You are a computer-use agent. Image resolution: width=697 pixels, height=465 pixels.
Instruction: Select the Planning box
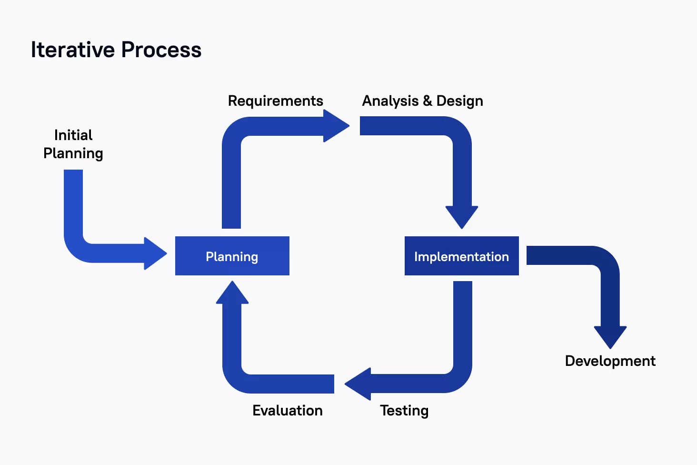pos(232,256)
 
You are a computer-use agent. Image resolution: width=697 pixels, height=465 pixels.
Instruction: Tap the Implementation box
pos(461,256)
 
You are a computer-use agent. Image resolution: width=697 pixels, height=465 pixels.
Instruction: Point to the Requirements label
pos(275,101)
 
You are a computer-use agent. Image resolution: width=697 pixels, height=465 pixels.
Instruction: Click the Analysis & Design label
pos(422,101)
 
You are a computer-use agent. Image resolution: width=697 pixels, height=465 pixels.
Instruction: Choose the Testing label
pos(404,410)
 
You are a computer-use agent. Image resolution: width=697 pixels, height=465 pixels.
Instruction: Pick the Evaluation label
pos(287,410)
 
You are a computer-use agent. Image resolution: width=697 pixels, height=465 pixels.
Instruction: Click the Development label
pos(610,361)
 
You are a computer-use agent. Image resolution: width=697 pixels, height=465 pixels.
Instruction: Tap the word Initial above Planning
pos(73,135)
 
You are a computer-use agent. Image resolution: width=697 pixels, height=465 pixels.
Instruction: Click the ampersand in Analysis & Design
pos(427,101)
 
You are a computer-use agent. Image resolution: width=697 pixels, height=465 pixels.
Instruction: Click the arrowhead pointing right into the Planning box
pos(155,253)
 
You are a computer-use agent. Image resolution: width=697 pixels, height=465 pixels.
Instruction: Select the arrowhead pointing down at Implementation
pos(461,216)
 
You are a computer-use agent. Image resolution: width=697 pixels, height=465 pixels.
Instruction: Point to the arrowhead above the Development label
pos(610,336)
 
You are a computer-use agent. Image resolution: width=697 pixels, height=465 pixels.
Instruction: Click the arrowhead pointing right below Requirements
pos(336,126)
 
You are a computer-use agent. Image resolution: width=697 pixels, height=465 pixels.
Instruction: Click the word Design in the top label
pos(459,101)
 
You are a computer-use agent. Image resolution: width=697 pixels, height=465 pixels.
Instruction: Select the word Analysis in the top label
pos(390,101)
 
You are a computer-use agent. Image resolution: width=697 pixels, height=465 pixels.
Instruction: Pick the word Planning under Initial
pos(73,153)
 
